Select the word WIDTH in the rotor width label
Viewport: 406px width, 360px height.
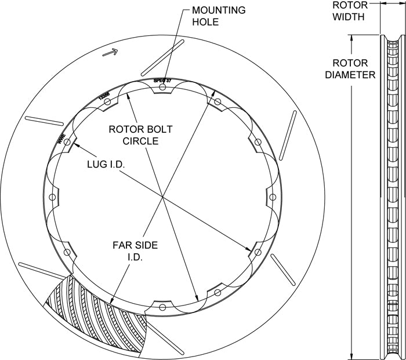[x=349, y=17]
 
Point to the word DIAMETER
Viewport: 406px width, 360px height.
[x=350, y=75]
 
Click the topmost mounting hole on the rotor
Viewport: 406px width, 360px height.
[x=162, y=88]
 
